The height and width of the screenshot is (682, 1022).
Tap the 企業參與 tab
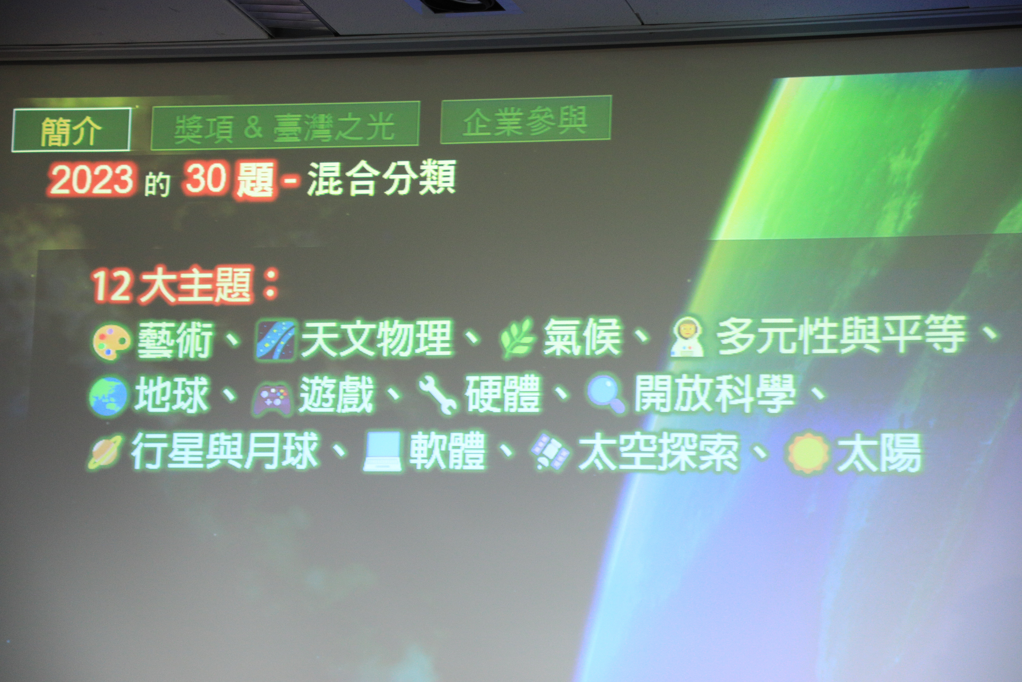click(526, 120)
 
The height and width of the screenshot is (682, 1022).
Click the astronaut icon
click(687, 337)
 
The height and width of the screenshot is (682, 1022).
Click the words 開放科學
click(715, 393)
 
